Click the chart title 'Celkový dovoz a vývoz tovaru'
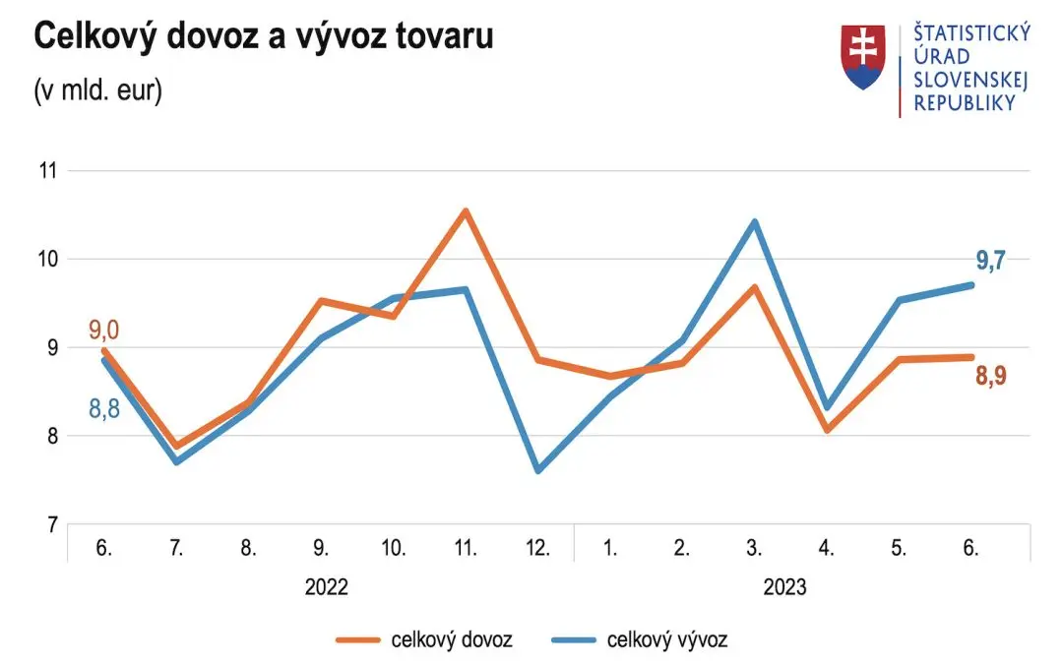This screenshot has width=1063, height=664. (x=264, y=37)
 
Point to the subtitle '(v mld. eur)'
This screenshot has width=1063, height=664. (x=98, y=91)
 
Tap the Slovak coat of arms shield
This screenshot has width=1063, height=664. (x=863, y=58)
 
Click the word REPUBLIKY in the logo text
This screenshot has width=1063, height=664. (x=965, y=103)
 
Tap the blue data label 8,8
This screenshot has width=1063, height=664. (x=104, y=408)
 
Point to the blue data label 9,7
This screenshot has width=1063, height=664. (x=989, y=261)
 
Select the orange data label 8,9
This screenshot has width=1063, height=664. (x=989, y=375)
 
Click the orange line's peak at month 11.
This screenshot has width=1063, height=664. (x=466, y=211)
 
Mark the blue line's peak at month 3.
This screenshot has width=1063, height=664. (x=755, y=221)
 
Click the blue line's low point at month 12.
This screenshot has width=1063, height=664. (x=538, y=470)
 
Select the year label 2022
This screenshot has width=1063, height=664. (x=327, y=588)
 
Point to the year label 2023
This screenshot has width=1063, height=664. (x=784, y=588)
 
